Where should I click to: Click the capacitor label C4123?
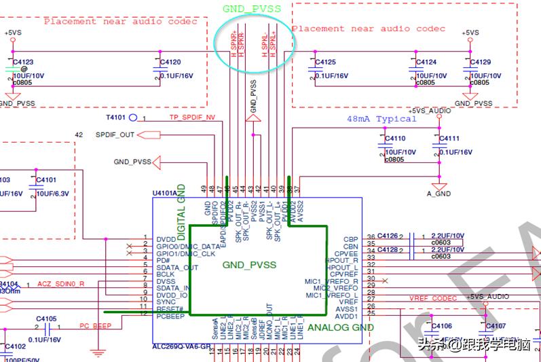pos(23,62)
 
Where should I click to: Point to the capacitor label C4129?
pos(480,62)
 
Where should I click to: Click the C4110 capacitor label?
pos(394,139)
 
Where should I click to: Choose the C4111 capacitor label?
pos(449,139)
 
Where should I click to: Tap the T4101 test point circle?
pos(134,117)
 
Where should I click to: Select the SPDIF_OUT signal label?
pos(115,135)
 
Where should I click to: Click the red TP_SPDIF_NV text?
pos(192,117)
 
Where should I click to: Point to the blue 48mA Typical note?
pos(381,119)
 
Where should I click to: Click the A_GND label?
pos(439,194)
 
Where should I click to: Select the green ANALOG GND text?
pos(341,327)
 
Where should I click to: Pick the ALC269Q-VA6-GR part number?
pos(182,346)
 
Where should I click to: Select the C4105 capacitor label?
pos(46,318)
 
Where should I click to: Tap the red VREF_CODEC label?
pos(433,298)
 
